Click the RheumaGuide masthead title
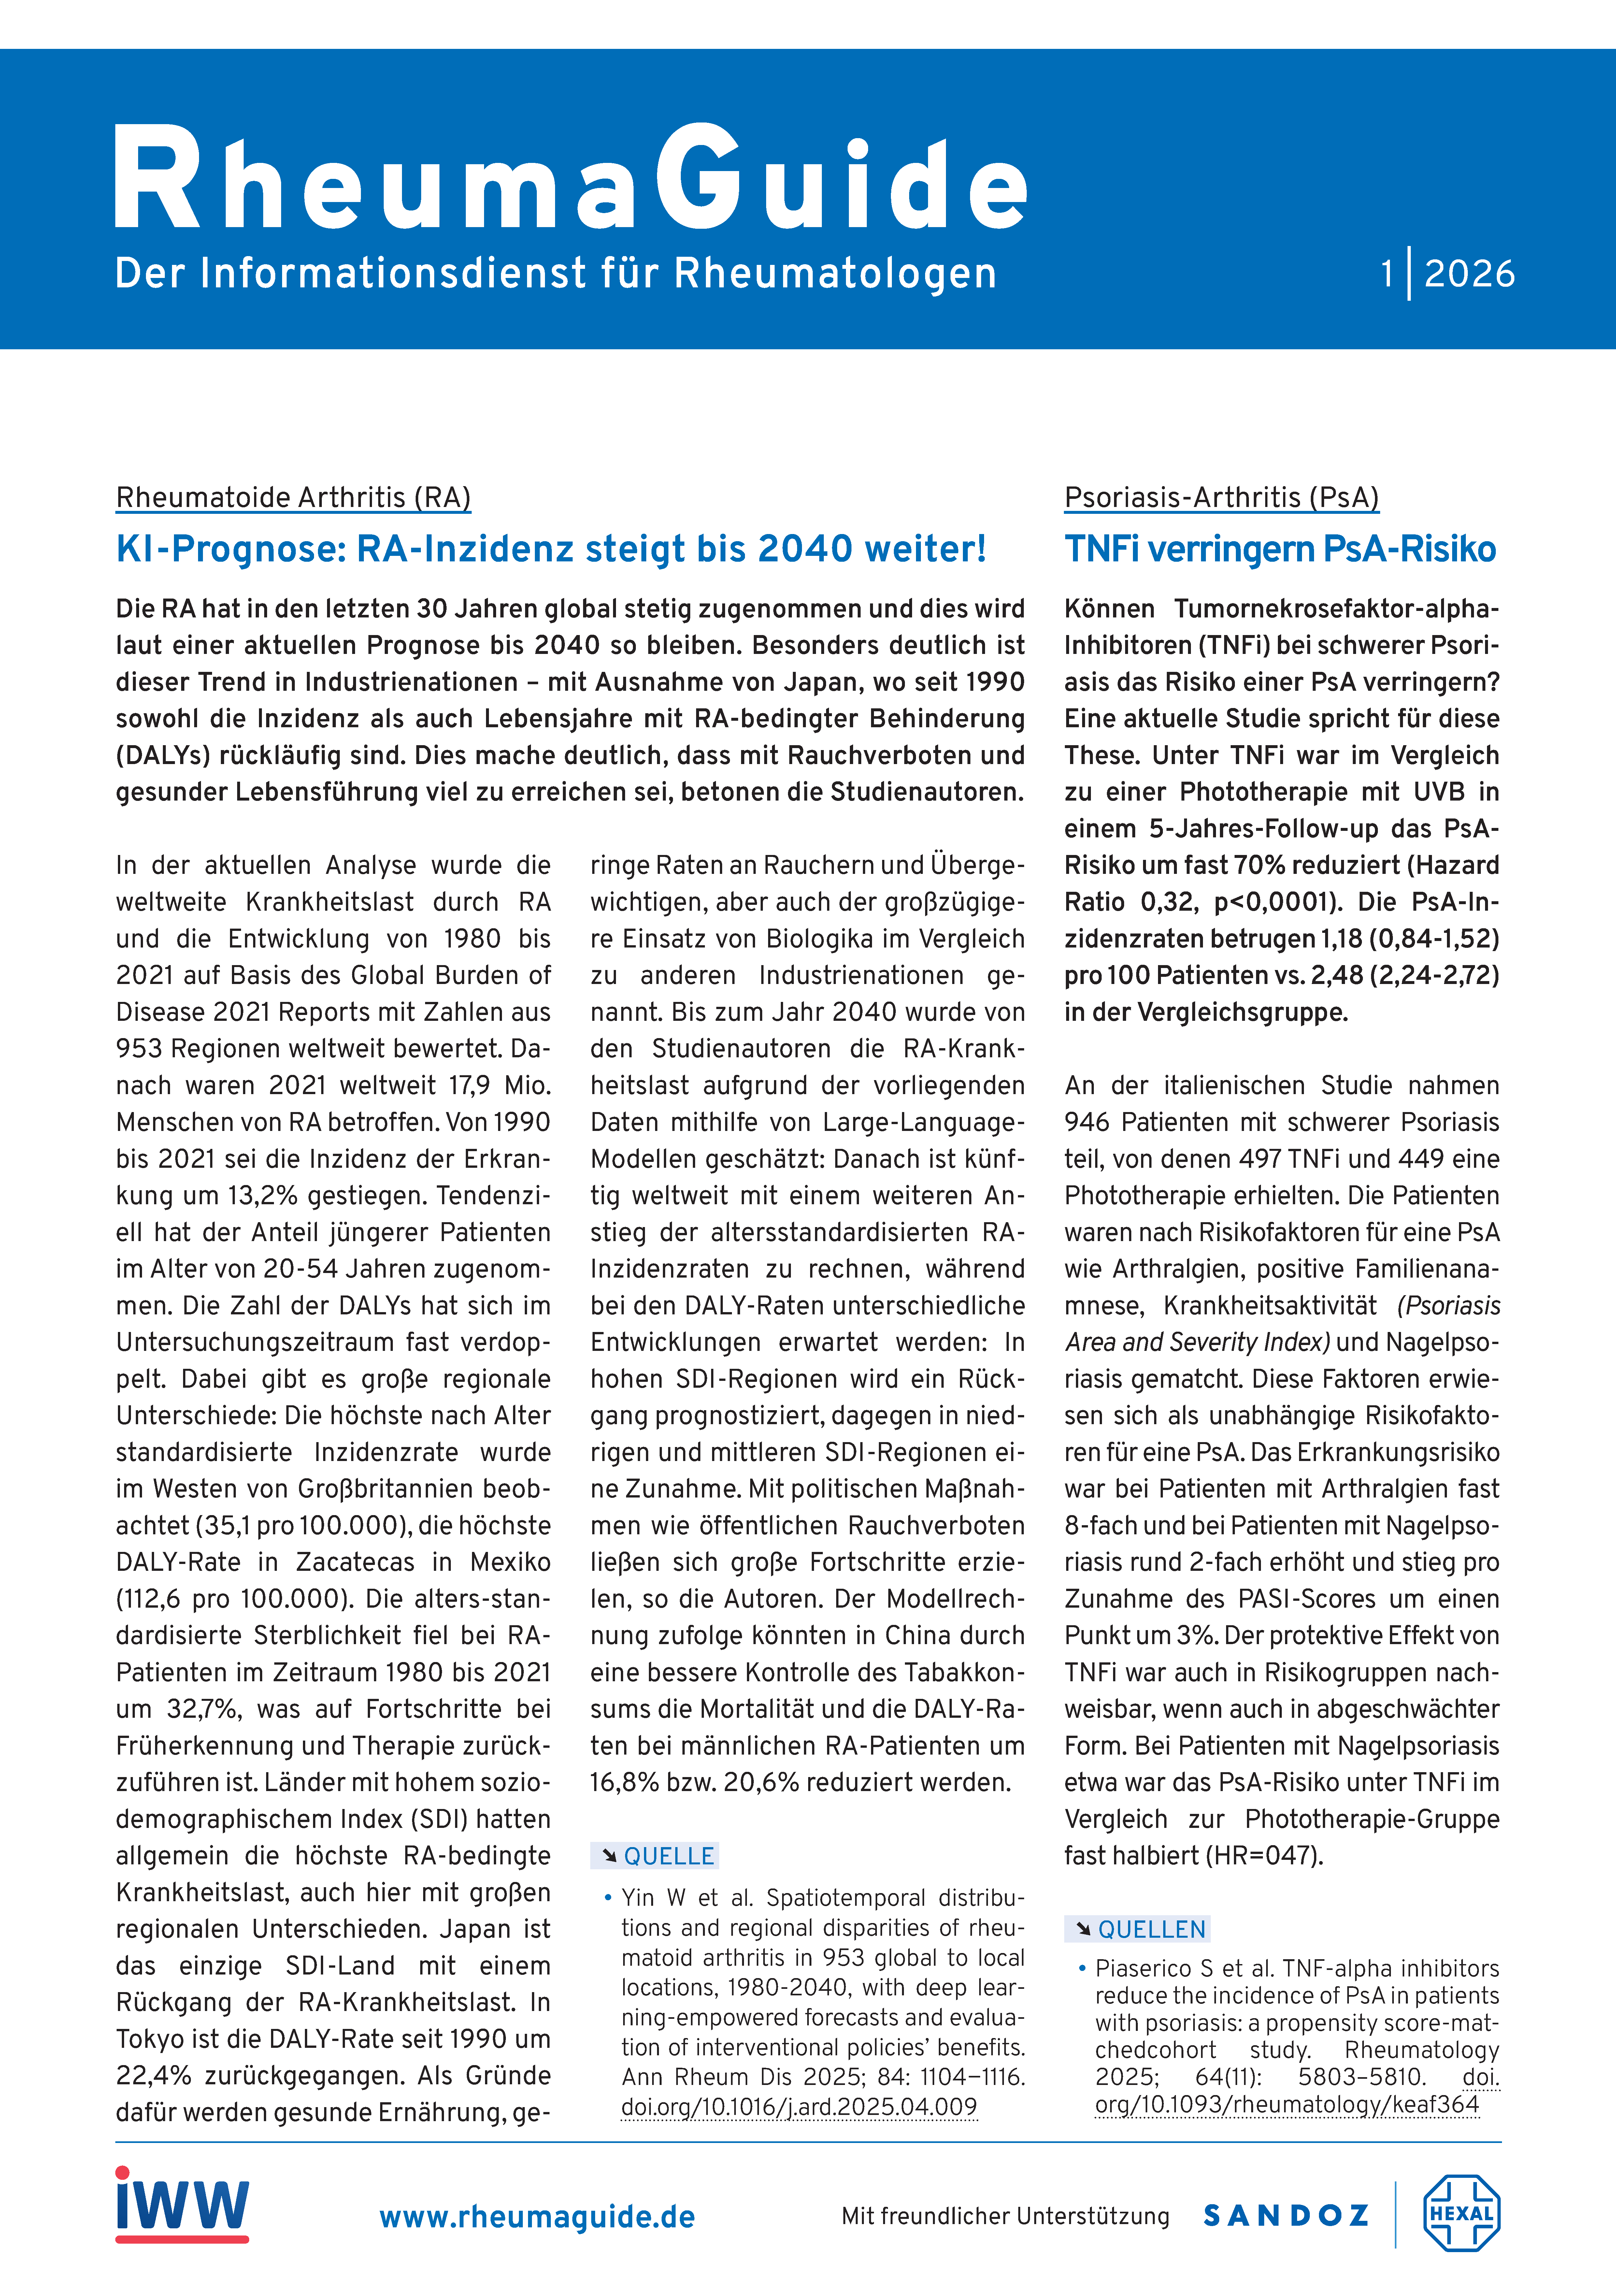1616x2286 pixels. pos(569,179)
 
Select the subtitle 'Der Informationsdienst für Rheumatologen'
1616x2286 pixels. pos(556,273)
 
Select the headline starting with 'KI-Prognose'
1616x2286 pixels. pos(551,549)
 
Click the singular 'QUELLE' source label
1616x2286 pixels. pos(668,1856)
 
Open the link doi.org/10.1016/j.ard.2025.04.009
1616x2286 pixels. pos(798,2107)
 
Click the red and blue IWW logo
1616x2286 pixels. pos(182,2205)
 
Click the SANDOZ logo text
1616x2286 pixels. pos(1285,2215)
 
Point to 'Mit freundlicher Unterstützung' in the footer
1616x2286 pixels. pos(1005,2216)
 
